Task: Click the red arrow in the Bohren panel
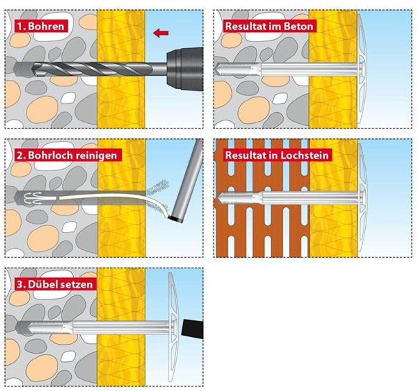(161, 33)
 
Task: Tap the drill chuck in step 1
(185, 69)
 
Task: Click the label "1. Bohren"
(41, 26)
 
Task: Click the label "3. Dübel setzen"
(55, 284)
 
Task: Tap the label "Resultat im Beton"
(269, 26)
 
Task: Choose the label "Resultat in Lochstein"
(277, 155)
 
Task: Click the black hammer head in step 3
(193, 329)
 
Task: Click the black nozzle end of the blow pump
(177, 219)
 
